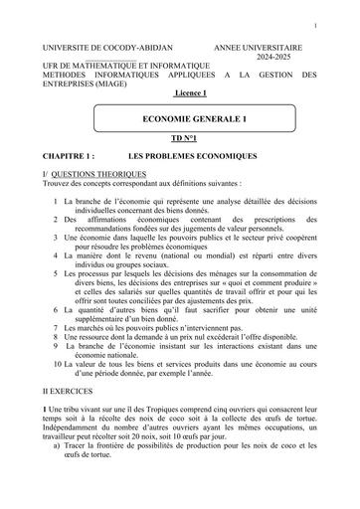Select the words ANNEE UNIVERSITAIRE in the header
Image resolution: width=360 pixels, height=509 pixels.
(x=258, y=47)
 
